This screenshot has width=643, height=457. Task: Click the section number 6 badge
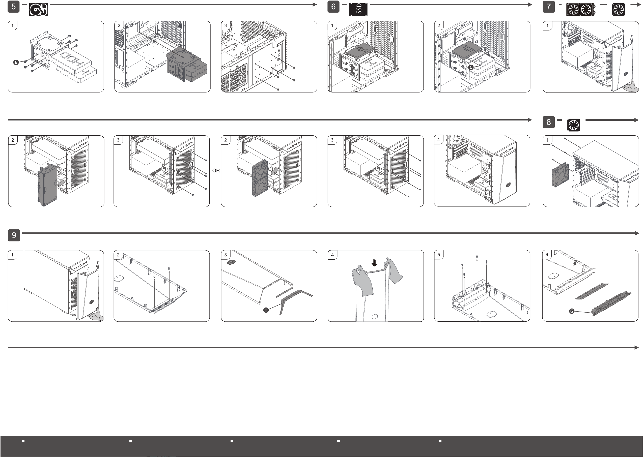333,7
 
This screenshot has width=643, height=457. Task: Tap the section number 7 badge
549,7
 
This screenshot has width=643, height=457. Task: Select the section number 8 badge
549,122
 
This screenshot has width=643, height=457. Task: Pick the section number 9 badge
14,235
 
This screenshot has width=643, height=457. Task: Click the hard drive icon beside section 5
39,10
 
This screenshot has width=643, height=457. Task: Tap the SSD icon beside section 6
358,10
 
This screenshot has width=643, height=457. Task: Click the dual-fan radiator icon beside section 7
581,10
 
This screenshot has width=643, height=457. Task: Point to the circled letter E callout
16,62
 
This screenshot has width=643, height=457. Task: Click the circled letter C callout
471,67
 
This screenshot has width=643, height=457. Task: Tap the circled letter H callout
266,310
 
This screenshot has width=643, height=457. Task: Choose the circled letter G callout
572,311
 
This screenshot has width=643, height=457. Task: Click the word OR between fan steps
216,171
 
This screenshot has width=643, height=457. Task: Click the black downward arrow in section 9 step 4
374,263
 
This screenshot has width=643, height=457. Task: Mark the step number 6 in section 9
547,255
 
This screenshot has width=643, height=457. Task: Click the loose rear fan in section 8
560,175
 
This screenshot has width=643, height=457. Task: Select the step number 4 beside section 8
438,140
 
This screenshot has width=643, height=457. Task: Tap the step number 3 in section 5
225,25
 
